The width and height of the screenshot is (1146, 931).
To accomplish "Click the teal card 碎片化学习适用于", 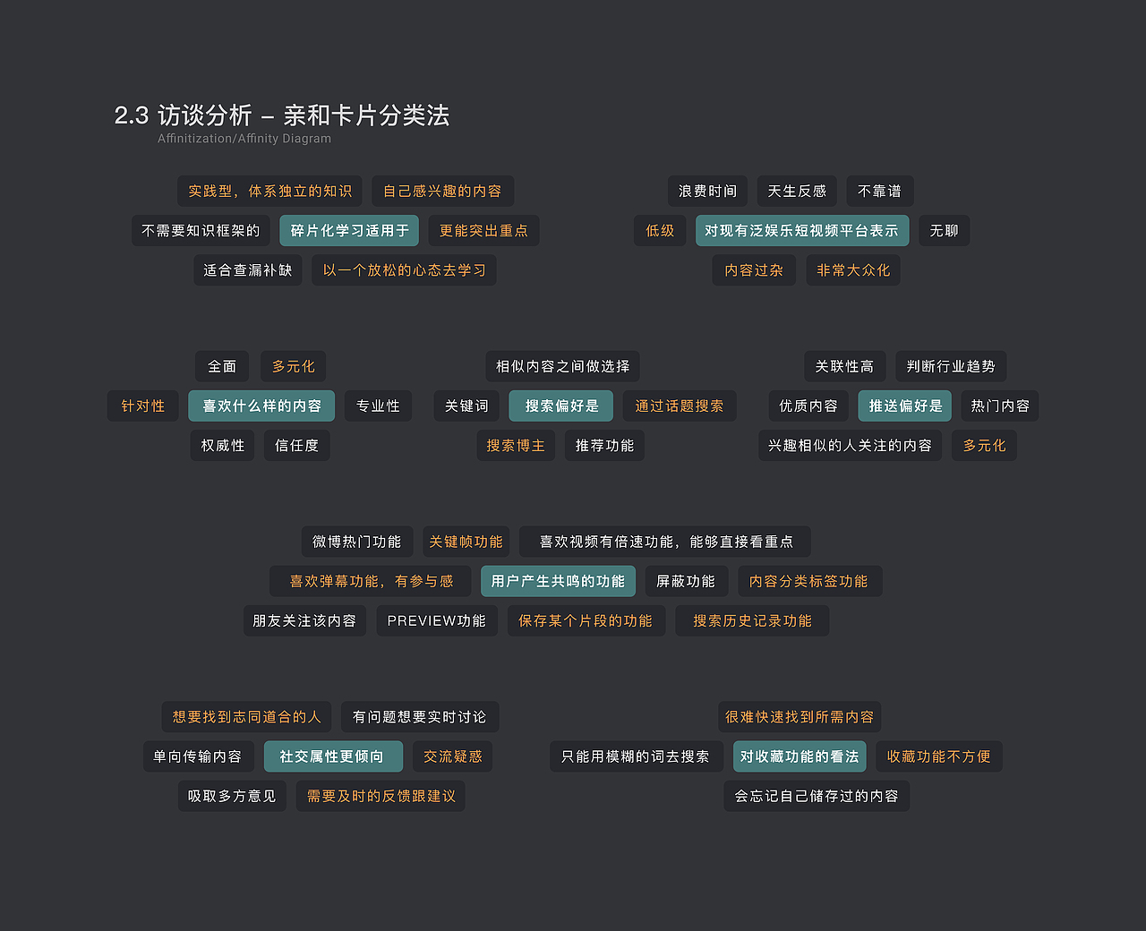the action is (x=349, y=231).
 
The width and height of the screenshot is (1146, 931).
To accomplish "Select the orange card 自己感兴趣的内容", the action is (x=442, y=192).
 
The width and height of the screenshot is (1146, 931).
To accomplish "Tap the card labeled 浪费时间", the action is (x=707, y=192).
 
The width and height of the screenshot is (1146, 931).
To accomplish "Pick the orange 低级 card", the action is (x=660, y=231).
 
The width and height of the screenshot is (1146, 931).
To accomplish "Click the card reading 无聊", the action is (x=944, y=231).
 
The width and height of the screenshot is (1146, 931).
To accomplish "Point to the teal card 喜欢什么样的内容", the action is (x=261, y=406).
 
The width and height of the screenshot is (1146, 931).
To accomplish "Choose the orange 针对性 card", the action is (x=143, y=406).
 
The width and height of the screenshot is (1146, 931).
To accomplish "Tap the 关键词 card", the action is (x=466, y=406).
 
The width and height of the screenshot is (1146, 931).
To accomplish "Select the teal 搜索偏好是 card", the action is (x=561, y=406).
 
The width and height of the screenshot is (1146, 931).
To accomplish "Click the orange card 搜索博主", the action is (x=515, y=446).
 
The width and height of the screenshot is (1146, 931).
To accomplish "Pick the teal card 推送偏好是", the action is (x=905, y=406).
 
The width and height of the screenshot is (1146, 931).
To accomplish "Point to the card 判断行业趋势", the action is (x=951, y=367).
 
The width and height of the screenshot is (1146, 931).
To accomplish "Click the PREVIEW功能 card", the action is (x=436, y=621).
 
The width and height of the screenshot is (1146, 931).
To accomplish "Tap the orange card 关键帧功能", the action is (x=466, y=542).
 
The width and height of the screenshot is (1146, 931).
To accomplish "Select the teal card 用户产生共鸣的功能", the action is (x=558, y=582).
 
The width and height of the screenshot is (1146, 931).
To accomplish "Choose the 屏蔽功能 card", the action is (x=686, y=582).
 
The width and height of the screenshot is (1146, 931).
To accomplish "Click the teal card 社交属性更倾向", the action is (x=332, y=757).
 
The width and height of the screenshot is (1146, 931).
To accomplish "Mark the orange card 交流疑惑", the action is (x=453, y=757).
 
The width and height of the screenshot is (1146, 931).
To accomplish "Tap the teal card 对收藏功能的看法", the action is (x=800, y=757).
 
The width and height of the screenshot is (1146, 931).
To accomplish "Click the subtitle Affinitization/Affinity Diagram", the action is (x=244, y=139).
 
